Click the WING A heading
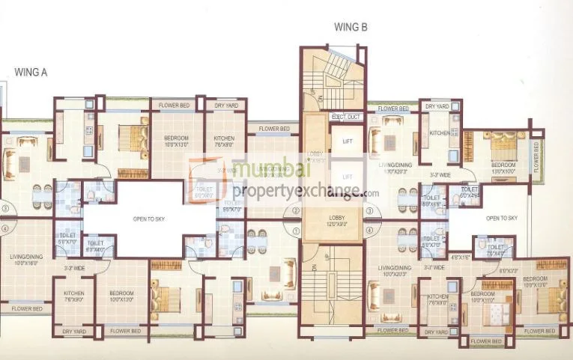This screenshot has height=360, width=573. pyautogui.click(x=31, y=73)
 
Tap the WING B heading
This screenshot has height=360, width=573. pyautogui.click(x=349, y=28)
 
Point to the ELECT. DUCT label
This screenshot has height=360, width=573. pyautogui.click(x=347, y=118)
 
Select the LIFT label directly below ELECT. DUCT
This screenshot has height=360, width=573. pyautogui.click(x=347, y=140)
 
